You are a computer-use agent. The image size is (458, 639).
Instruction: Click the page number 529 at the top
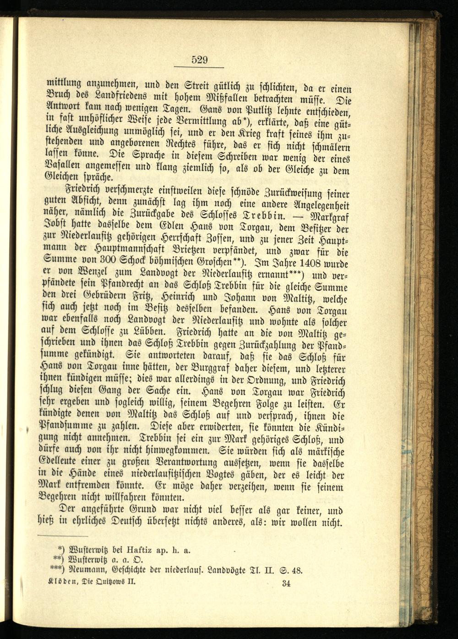point(200,60)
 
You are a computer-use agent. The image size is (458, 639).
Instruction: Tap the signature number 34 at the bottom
point(287,583)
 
